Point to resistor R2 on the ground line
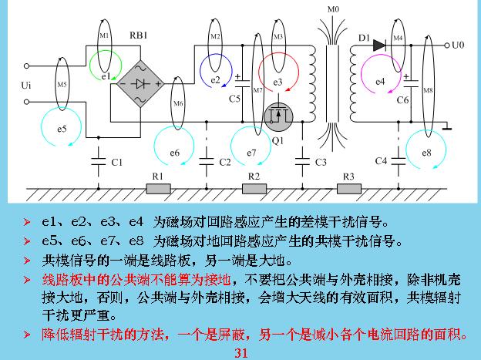click(254, 187)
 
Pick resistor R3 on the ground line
click(350, 187)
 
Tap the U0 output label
click(459, 45)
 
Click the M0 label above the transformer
click(333, 8)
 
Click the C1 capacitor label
click(117, 163)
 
